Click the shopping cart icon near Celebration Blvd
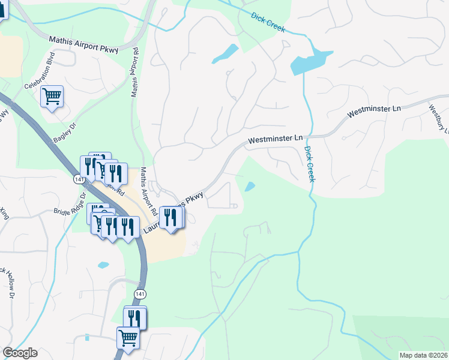coord(52,95)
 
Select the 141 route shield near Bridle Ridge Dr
coord(79,179)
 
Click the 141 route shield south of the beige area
coord(139,293)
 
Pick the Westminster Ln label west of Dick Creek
coord(275,139)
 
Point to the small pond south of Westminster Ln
coord(249,187)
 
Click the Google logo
coord(20,353)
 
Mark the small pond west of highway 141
coord(103,265)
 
